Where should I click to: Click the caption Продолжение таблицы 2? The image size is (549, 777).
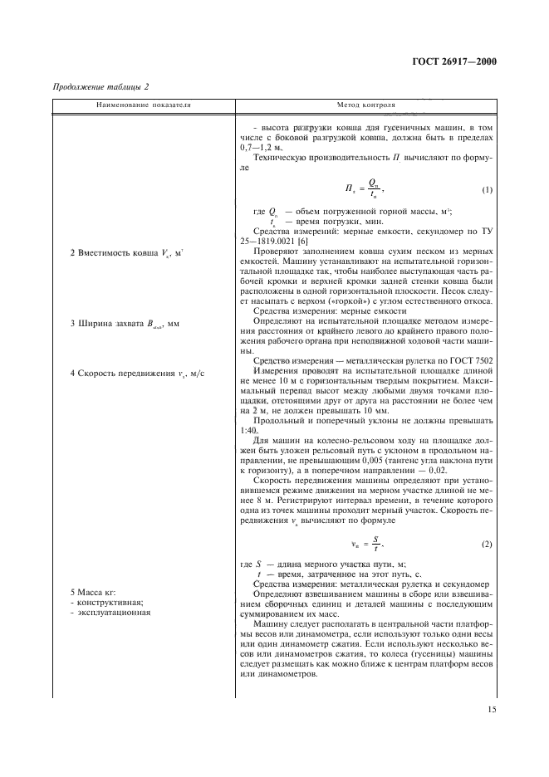(x=100, y=87)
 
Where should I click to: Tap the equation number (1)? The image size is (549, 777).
(x=487, y=190)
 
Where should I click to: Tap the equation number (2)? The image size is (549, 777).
(x=487, y=543)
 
